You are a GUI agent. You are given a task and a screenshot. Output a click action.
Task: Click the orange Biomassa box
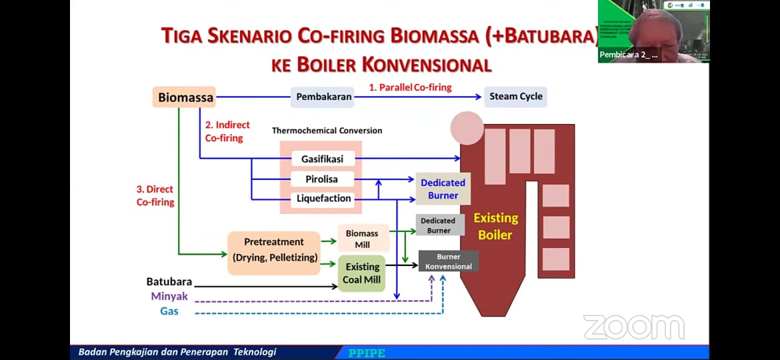point(185,97)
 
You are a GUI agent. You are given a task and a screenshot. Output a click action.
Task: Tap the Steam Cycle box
point(515,96)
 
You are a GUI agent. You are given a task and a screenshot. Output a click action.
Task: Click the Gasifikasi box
point(322,159)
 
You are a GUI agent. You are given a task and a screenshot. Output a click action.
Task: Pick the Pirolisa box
point(322,179)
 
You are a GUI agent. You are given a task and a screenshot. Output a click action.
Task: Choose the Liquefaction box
point(323,199)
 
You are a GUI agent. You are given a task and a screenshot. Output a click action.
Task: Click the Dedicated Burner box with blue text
point(443,189)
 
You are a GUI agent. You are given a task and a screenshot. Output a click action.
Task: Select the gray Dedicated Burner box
point(438,225)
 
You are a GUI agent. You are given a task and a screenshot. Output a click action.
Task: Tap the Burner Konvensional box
point(448,261)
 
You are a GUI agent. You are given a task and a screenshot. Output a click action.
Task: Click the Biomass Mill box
point(363,239)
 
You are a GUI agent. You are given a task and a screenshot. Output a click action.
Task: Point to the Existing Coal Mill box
point(361,273)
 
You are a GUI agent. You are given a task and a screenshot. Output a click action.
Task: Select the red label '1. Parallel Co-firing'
point(411,87)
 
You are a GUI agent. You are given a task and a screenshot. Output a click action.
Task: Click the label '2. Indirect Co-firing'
point(227,131)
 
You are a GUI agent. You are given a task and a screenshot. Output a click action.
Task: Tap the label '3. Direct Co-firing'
point(155,195)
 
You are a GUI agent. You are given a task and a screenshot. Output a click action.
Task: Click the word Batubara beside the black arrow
point(169,282)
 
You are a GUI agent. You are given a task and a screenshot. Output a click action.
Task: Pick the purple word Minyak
point(169,297)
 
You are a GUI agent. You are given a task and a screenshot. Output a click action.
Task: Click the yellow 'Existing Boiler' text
point(495,226)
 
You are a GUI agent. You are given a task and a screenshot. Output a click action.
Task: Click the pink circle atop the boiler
point(467,128)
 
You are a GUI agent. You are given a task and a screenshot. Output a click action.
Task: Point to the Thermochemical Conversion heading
point(327,131)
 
